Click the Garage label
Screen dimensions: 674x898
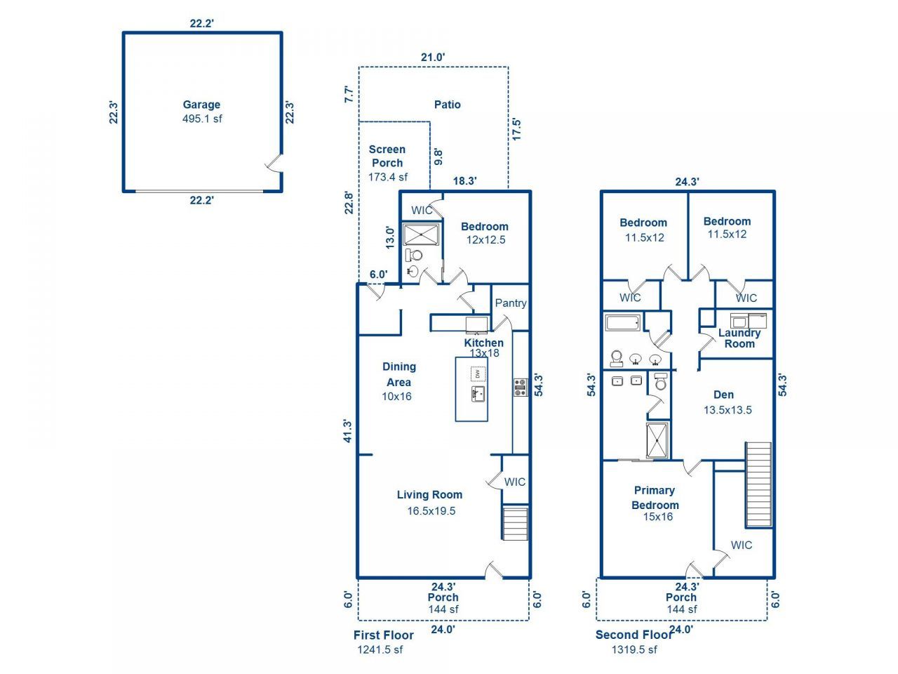(201, 105)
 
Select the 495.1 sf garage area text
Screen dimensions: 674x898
(202, 119)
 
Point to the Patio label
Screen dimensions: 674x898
(447, 105)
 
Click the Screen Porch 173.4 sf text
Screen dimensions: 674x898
(387, 177)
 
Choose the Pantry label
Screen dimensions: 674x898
(510, 303)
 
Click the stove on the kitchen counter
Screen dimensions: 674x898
(520, 388)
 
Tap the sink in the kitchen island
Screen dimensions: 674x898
(478, 393)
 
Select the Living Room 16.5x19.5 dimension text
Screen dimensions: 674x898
(431, 511)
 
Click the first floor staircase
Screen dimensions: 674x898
(515, 523)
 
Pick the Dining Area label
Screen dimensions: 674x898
(398, 374)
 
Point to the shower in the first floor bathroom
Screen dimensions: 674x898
(421, 234)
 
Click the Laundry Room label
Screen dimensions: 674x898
(739, 338)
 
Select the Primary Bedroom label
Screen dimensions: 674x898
(655, 498)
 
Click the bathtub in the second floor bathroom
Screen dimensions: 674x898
(622, 324)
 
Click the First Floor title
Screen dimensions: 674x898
(383, 635)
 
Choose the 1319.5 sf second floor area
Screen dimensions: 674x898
(634, 649)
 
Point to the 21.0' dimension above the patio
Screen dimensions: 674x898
(433, 58)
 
